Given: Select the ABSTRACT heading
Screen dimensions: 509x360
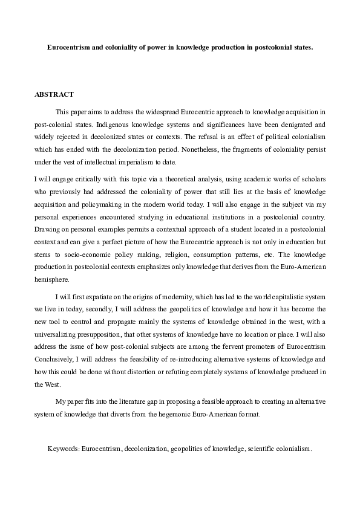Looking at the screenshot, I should (x=54, y=94).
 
